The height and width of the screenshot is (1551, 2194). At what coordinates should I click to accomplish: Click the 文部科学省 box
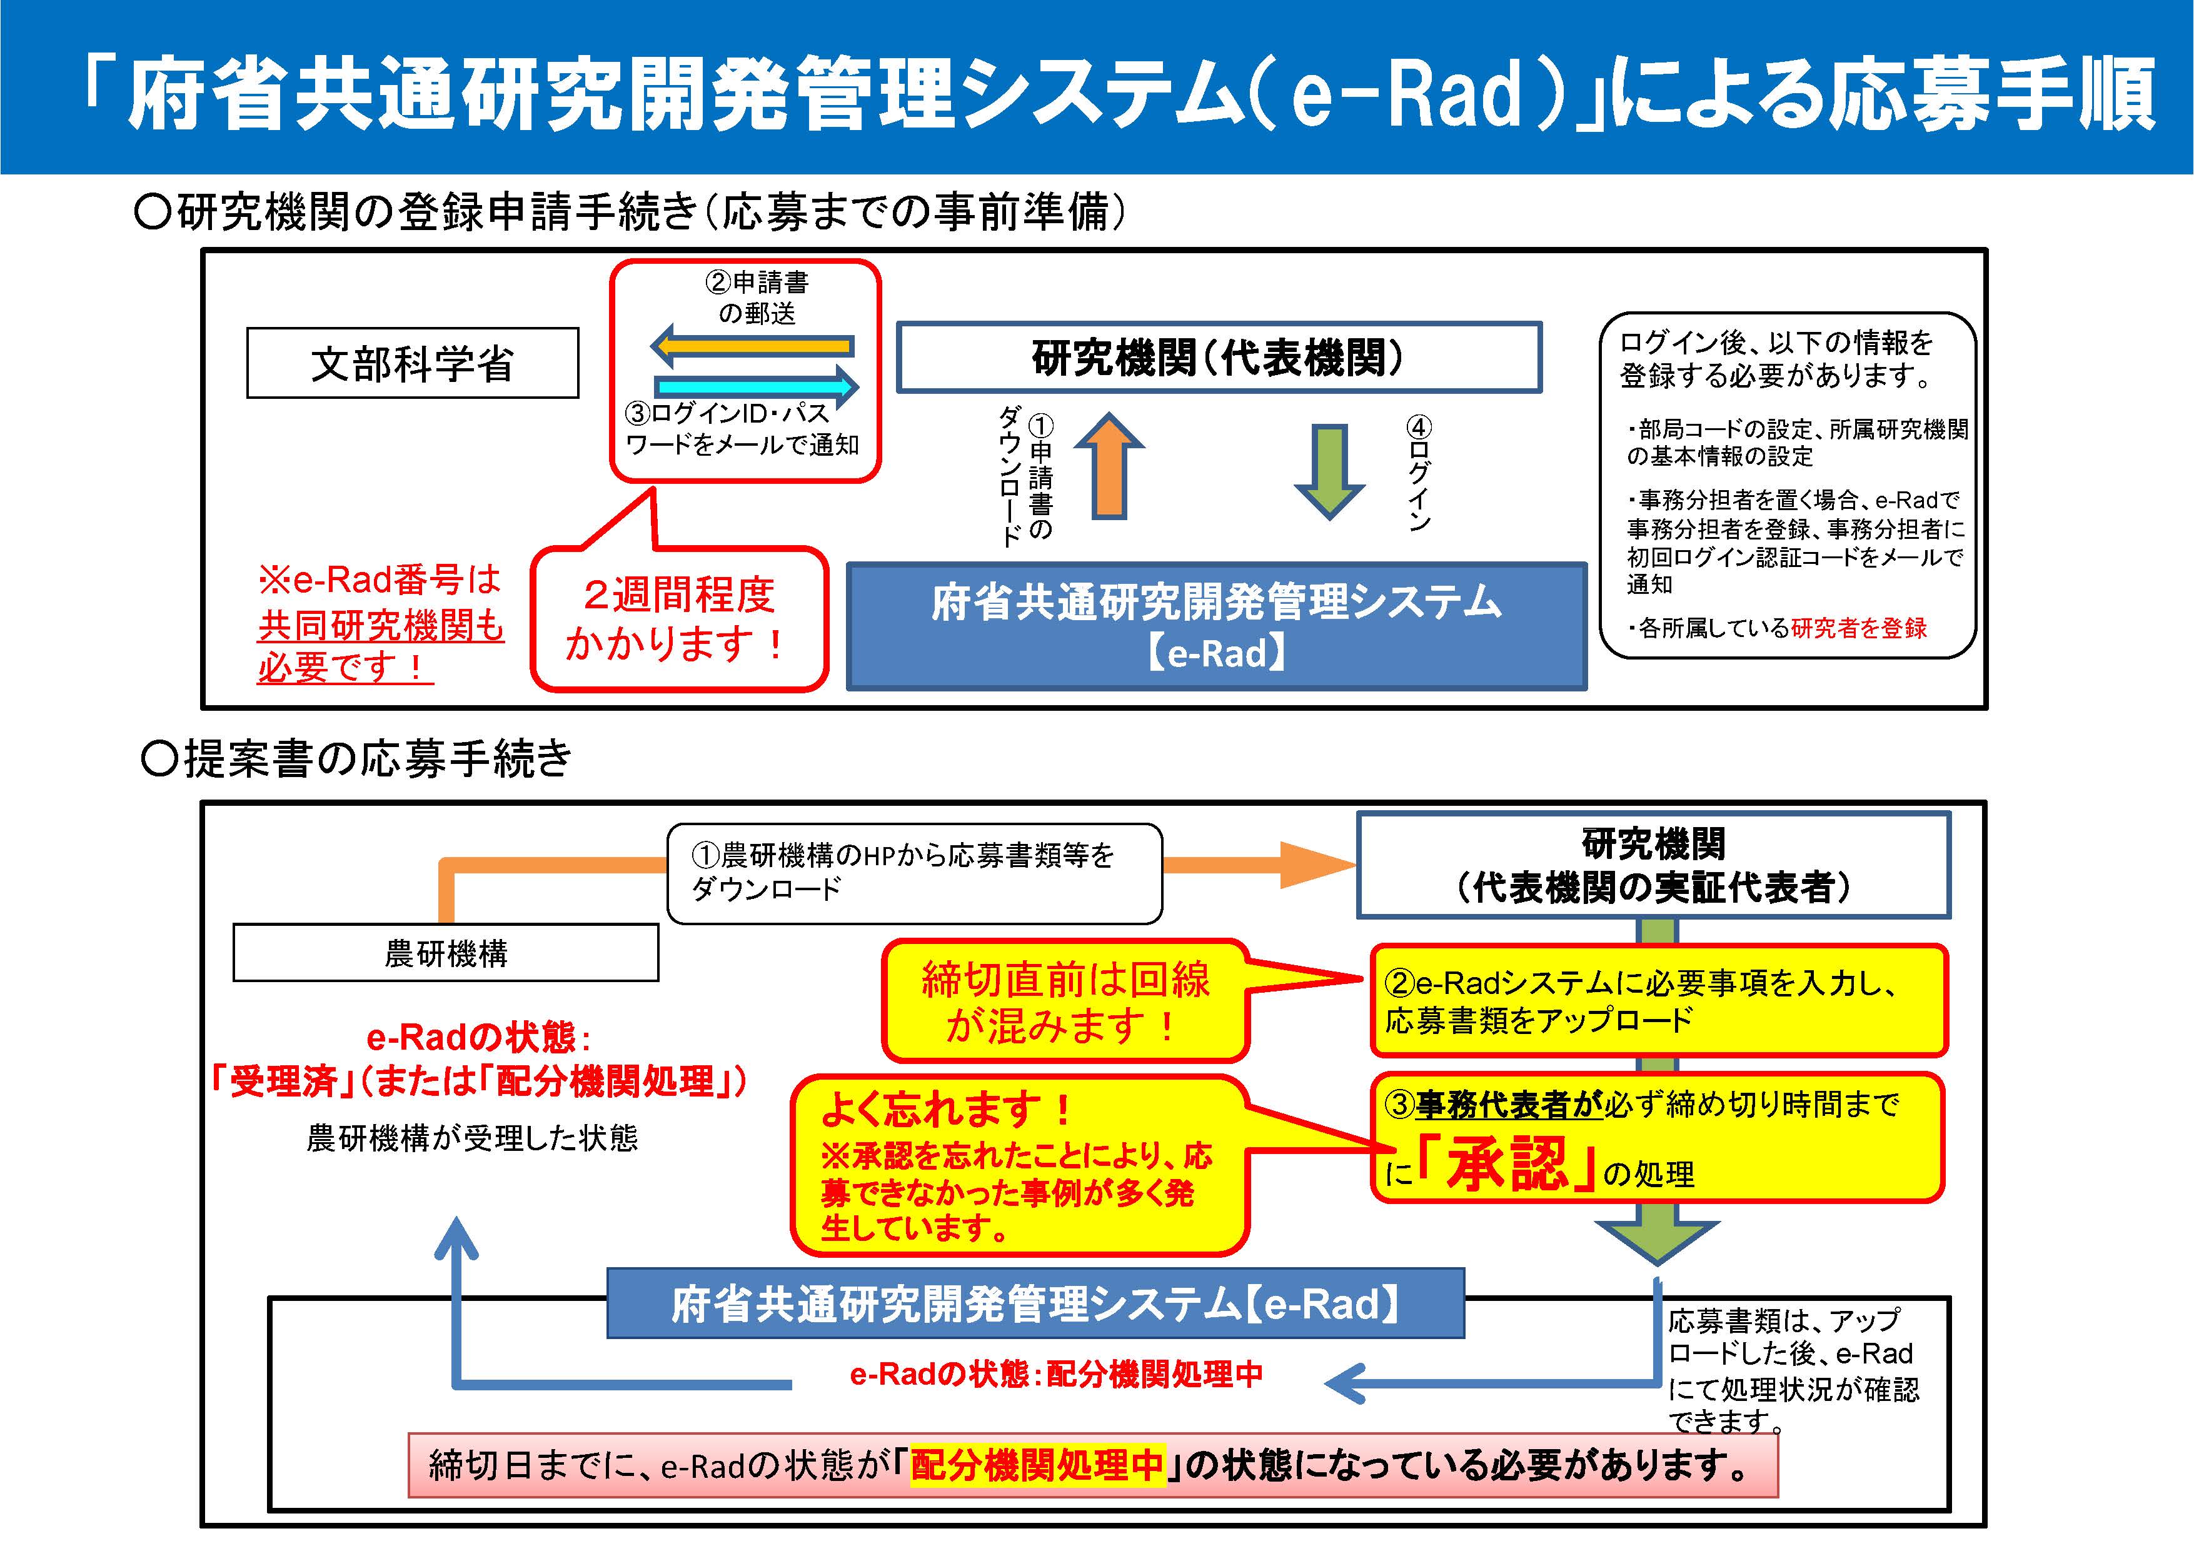(412, 363)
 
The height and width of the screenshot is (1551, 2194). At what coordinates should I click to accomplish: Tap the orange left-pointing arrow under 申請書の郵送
(753, 346)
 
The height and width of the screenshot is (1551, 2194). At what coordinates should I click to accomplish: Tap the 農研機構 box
(445, 953)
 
